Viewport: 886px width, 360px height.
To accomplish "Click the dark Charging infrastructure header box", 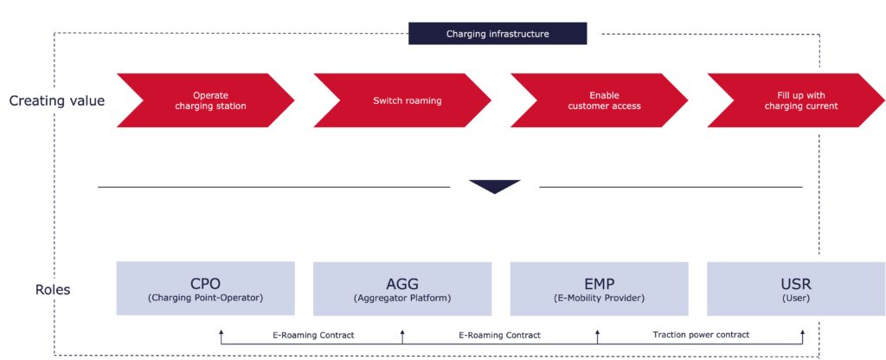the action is click(x=498, y=34).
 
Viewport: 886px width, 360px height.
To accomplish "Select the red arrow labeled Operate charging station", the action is click(x=206, y=100).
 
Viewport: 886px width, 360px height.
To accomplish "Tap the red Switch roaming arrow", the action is click(x=402, y=100).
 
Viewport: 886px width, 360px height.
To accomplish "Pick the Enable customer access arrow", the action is click(x=599, y=100).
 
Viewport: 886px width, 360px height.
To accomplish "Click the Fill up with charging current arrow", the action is click(x=796, y=100).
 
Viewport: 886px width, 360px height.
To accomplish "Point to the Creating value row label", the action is click(x=57, y=101).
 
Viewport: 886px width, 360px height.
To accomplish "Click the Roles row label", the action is click(x=53, y=290).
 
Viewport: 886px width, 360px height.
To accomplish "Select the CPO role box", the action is click(x=206, y=288).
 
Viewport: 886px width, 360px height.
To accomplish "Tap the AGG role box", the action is click(x=402, y=289).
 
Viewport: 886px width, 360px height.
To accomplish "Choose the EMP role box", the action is click(x=599, y=289).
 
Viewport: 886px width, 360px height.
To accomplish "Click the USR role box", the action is click(x=796, y=289).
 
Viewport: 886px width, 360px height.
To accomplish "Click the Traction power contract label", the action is click(x=701, y=335).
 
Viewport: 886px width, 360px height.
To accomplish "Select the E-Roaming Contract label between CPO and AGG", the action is click(x=313, y=335).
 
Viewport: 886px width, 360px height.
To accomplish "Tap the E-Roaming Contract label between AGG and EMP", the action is click(x=499, y=335).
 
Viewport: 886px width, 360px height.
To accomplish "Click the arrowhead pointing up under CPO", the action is click(x=221, y=333).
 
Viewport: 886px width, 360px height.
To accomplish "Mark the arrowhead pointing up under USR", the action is click(x=802, y=333).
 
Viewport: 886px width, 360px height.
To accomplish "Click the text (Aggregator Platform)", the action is click(x=402, y=298).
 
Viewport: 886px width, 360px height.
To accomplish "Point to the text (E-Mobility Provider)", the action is click(x=599, y=298).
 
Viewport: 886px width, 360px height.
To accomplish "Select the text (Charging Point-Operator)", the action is click(x=206, y=298).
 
